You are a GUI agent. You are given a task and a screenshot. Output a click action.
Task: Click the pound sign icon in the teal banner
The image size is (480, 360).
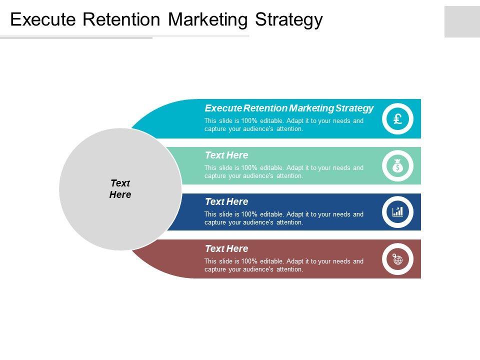click(398, 119)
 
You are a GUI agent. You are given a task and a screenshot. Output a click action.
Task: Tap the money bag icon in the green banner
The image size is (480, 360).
click(398, 166)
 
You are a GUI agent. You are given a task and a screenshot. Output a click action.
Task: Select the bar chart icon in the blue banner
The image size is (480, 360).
click(398, 212)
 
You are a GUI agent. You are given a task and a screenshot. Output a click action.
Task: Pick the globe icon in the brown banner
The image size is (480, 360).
click(398, 259)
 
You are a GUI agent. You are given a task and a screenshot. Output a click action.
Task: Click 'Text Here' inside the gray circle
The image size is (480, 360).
click(120, 189)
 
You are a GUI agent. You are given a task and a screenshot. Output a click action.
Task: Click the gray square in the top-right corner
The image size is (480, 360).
click(462, 21)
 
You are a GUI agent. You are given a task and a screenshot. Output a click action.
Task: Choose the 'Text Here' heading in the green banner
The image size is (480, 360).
click(226, 155)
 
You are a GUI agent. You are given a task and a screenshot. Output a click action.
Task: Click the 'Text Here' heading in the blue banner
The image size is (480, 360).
click(226, 201)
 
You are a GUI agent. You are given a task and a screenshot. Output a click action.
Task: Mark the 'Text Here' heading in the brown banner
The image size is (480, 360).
click(226, 248)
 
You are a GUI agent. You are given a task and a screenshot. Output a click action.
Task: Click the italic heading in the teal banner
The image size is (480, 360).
click(289, 108)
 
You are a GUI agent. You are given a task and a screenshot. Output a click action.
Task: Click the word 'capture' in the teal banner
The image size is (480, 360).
click(215, 128)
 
